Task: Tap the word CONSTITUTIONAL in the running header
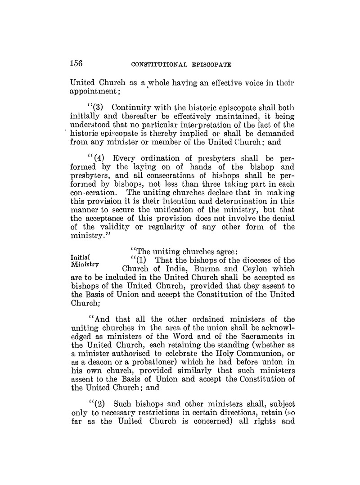click(158, 64)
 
